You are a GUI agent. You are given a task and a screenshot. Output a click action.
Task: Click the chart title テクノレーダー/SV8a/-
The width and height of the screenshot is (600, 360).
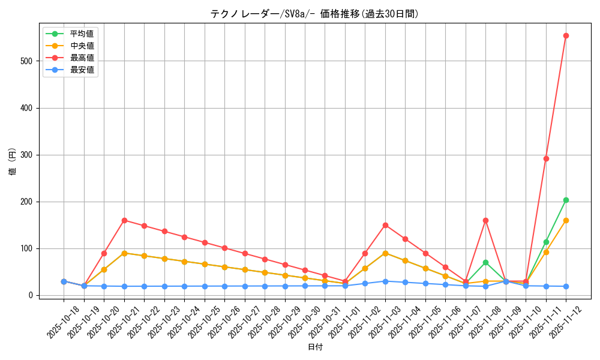pyautogui.click(x=314, y=14)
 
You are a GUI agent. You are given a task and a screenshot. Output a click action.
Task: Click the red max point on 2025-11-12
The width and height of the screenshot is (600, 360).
pyautogui.click(x=566, y=35)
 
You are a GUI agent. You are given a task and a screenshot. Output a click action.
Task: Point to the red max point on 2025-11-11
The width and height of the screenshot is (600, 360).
pyautogui.click(x=546, y=158)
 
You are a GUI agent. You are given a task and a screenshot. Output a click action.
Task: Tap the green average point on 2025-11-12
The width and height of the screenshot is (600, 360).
pyautogui.click(x=566, y=200)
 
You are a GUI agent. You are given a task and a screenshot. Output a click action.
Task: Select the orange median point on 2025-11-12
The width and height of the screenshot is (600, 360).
pyautogui.click(x=566, y=220)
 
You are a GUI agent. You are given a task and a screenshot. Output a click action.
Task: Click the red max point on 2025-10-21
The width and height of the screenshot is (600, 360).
pyautogui.click(x=124, y=220)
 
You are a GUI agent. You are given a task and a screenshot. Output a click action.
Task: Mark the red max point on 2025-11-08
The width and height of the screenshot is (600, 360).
pyautogui.click(x=485, y=220)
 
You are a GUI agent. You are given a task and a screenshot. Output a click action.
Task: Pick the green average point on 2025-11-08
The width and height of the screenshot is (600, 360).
pyautogui.click(x=485, y=262)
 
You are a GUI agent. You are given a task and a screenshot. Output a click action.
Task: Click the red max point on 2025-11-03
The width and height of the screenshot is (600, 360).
pyautogui.click(x=385, y=225)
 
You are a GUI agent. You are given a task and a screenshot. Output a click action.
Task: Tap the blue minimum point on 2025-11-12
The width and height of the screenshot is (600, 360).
pyautogui.click(x=566, y=286)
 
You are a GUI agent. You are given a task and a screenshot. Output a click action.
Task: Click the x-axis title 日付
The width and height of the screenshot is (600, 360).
pyautogui.click(x=315, y=347)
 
